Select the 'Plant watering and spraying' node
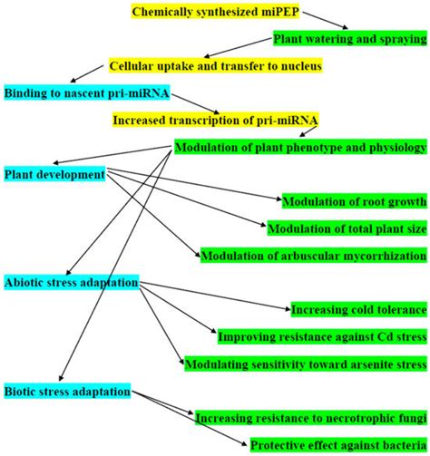(350, 39)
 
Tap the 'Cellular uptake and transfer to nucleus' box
(215, 66)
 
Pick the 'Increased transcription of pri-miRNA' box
(215, 120)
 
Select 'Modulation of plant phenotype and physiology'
(300, 147)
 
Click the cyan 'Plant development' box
(54, 173)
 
